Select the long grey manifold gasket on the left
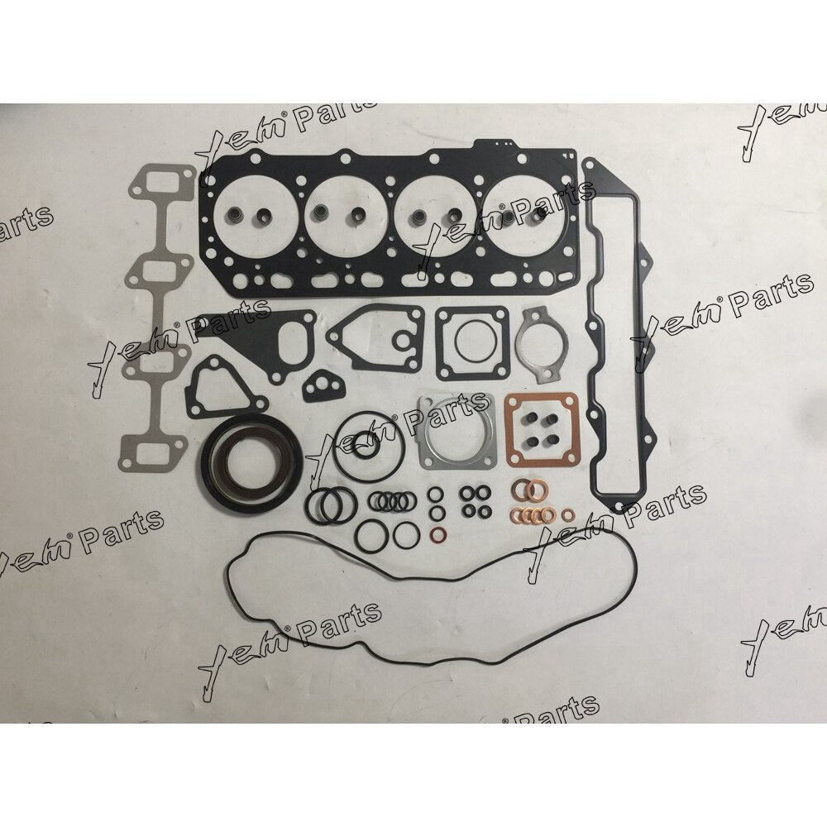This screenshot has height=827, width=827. (x=158, y=317)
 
